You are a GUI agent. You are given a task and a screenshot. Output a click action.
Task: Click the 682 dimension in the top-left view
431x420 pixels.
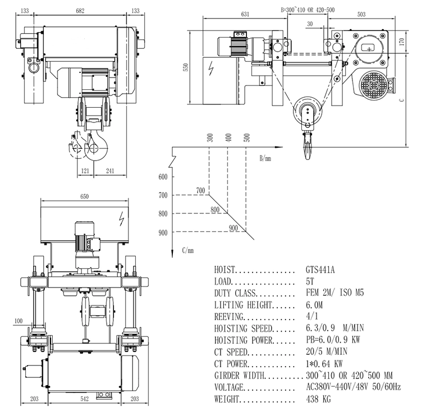pyautogui.click(x=81, y=10)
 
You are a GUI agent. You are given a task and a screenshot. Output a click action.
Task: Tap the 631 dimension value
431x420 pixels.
pyautogui.click(x=243, y=15)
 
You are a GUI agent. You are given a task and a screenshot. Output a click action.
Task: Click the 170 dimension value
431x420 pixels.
pyautogui.click(x=416, y=41)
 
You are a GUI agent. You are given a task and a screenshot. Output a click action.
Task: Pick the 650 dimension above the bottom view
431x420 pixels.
pyautogui.click(x=84, y=197)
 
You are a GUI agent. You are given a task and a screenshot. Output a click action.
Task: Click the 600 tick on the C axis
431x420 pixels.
pyautogui.click(x=163, y=177)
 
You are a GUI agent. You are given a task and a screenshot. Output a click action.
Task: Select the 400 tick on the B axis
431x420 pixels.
pyautogui.click(x=228, y=136)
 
